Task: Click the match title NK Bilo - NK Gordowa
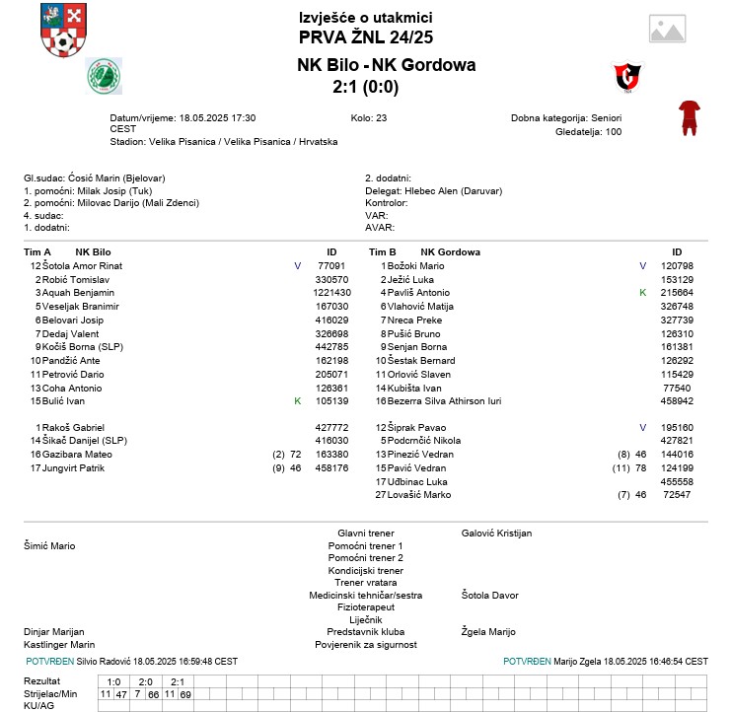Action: (x=386, y=65)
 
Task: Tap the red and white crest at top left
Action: (x=62, y=31)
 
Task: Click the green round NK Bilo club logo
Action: (x=104, y=75)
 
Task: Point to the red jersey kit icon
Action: (x=689, y=116)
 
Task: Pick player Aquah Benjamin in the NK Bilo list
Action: (x=78, y=293)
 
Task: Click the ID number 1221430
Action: (x=331, y=293)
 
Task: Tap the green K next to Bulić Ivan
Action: (x=297, y=400)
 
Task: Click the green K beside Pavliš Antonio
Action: (x=642, y=293)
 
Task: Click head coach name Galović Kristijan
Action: (x=496, y=533)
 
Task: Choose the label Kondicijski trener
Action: (x=365, y=570)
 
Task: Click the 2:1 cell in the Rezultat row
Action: (x=178, y=681)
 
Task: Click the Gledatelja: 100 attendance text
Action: (x=589, y=131)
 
